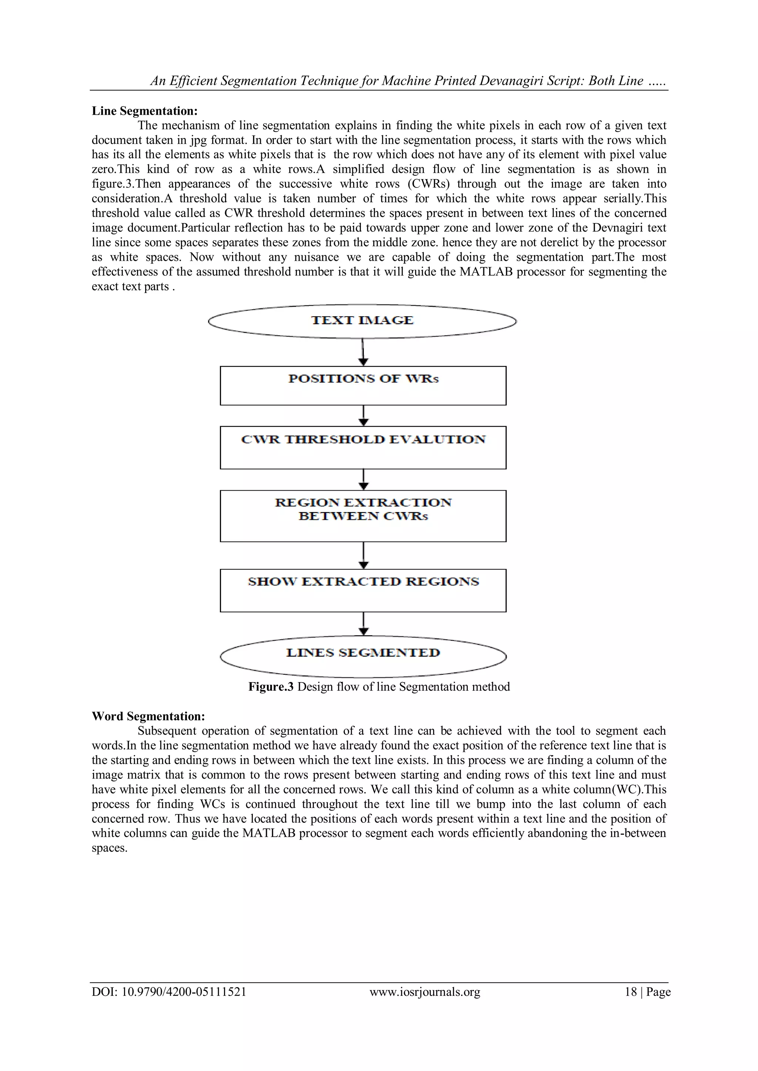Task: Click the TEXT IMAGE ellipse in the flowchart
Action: tap(362, 321)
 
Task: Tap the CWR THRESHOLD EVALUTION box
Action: tap(363, 447)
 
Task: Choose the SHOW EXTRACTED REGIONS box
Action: tap(363, 590)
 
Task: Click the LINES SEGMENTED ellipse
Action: tap(363, 656)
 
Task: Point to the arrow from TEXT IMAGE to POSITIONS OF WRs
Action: tap(363, 352)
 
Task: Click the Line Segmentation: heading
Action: tap(145, 111)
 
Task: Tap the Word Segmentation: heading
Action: tap(148, 716)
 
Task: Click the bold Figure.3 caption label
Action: tap(271, 687)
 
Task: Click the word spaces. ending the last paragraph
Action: tap(110, 848)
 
